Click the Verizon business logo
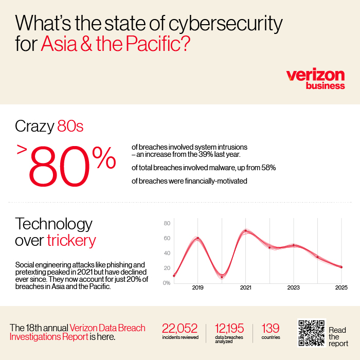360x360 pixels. pyautogui.click(x=315, y=79)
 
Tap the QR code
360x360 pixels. pyautogui.click(x=312, y=333)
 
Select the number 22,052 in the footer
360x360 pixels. pyautogui.click(x=179, y=328)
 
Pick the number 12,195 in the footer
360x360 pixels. pyautogui.click(x=229, y=328)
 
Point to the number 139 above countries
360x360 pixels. pyautogui.click(x=271, y=328)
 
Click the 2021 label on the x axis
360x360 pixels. pyautogui.click(x=246, y=287)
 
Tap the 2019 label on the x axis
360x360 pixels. pyautogui.click(x=197, y=287)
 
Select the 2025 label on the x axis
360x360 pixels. pyautogui.click(x=341, y=287)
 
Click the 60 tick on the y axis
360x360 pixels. pyautogui.click(x=167, y=238)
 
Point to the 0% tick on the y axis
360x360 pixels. pyautogui.click(x=167, y=283)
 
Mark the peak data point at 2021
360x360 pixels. pyautogui.click(x=246, y=231)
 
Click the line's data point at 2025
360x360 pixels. pyautogui.click(x=341, y=267)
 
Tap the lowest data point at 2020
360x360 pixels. pyautogui.click(x=222, y=277)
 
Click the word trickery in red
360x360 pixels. pyautogui.click(x=71, y=241)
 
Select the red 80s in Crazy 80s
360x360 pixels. pyautogui.click(x=70, y=126)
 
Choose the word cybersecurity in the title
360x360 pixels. pyautogui.click(x=226, y=24)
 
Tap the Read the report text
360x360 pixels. pyautogui.click(x=338, y=337)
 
